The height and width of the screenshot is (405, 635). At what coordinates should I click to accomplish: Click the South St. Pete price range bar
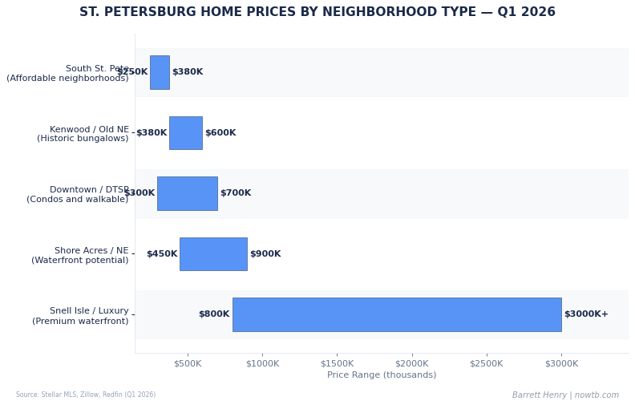click(x=160, y=72)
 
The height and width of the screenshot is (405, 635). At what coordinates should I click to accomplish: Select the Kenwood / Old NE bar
click(x=185, y=133)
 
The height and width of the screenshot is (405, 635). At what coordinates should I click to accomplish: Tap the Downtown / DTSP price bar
click(x=187, y=193)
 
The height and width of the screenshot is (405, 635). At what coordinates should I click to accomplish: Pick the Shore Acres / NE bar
click(x=213, y=254)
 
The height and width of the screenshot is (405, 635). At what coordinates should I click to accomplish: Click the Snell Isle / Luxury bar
click(x=396, y=314)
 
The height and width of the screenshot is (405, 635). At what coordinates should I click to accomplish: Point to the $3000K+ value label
click(x=586, y=314)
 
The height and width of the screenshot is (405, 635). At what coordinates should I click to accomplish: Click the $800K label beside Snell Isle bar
click(x=214, y=314)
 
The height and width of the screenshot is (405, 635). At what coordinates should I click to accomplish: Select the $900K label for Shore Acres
click(x=265, y=254)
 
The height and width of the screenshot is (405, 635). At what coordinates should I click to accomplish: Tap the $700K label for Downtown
click(x=236, y=193)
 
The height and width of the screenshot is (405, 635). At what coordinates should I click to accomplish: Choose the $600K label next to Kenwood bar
click(x=220, y=133)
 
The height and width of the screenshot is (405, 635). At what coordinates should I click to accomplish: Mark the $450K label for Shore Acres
click(x=162, y=254)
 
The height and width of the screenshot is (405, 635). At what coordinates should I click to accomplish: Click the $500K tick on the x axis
click(x=188, y=364)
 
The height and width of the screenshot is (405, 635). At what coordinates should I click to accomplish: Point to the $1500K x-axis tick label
click(x=338, y=364)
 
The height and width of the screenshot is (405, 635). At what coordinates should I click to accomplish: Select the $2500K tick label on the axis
click(x=487, y=364)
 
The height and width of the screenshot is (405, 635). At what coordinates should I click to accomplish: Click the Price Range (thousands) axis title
click(x=382, y=375)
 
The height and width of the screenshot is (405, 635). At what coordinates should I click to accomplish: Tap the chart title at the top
click(x=317, y=13)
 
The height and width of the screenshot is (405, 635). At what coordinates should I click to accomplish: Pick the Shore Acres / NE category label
click(x=80, y=255)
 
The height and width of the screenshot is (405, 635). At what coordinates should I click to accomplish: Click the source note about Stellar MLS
click(x=86, y=395)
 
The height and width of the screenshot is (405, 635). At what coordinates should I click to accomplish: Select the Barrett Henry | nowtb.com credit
click(x=565, y=395)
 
